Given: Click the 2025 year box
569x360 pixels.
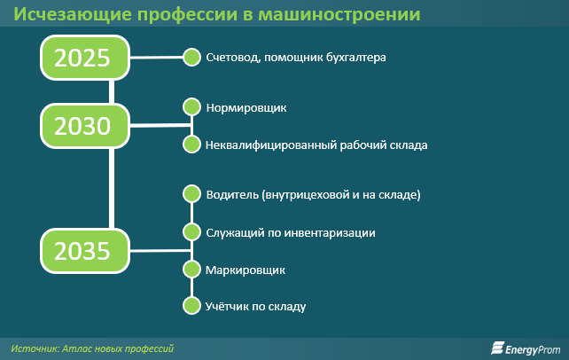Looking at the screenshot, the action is (x=85, y=58).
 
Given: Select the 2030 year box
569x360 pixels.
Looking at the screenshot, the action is (x=85, y=126).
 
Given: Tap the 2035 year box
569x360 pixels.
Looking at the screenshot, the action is (x=85, y=251).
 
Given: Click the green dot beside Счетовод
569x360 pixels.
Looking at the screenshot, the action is (x=191, y=57).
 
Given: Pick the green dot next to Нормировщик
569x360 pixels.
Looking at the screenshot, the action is (x=191, y=107).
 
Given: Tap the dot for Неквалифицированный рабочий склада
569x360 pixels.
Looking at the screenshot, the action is (x=191, y=144).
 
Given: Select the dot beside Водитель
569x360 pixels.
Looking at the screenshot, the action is (x=191, y=194).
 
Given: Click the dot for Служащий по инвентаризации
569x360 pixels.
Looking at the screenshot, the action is (x=191, y=232).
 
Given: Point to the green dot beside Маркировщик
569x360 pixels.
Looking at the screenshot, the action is (x=191, y=270).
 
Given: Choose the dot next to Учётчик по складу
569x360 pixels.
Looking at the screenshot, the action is (x=191, y=306).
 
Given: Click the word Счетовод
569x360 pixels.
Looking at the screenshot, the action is (x=233, y=58).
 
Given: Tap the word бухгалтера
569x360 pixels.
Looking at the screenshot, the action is (x=356, y=58).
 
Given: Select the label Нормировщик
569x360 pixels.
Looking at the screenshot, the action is (x=246, y=108).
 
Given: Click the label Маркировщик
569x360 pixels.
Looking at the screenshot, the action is (x=246, y=270).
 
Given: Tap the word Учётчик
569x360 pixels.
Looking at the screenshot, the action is (x=227, y=306).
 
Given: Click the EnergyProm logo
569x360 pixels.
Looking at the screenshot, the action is (x=526, y=348).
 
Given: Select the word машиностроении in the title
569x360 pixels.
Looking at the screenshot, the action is (x=339, y=14).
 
